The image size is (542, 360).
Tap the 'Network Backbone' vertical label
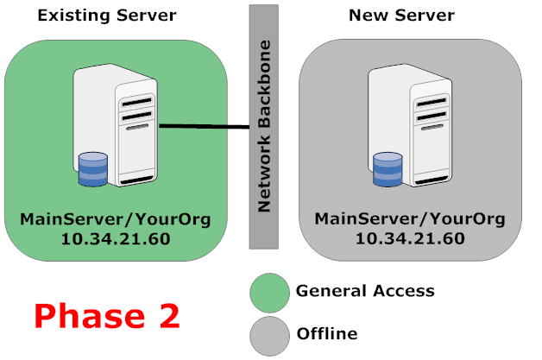click(x=264, y=125)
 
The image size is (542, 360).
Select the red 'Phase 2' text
click(x=107, y=315)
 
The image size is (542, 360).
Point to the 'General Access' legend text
click(x=365, y=291)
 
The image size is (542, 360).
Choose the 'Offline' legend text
click(x=327, y=333)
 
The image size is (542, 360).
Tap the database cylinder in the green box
click(x=92, y=169)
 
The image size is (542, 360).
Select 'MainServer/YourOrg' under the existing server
click(x=114, y=218)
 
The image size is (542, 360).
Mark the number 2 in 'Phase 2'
click(x=167, y=315)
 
